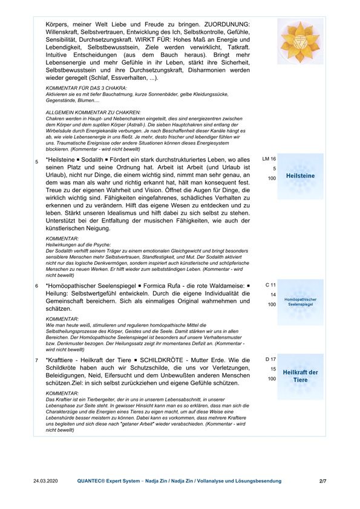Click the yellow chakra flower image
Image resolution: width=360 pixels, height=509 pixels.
pyautogui.click(x=301, y=41)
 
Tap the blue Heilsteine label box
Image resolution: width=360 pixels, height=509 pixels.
pyautogui.click(x=301, y=175)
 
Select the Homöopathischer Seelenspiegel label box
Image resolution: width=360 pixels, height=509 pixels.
pyautogui.click(x=301, y=302)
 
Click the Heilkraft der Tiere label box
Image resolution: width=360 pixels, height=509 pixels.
pyautogui.click(x=301, y=376)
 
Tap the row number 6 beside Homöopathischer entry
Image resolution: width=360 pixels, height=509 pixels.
pyautogui.click(x=37, y=285)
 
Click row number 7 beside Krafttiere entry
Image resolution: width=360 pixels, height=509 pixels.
pyautogui.click(x=37, y=361)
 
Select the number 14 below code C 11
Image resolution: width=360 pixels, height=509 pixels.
pyautogui.click(x=273, y=294)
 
